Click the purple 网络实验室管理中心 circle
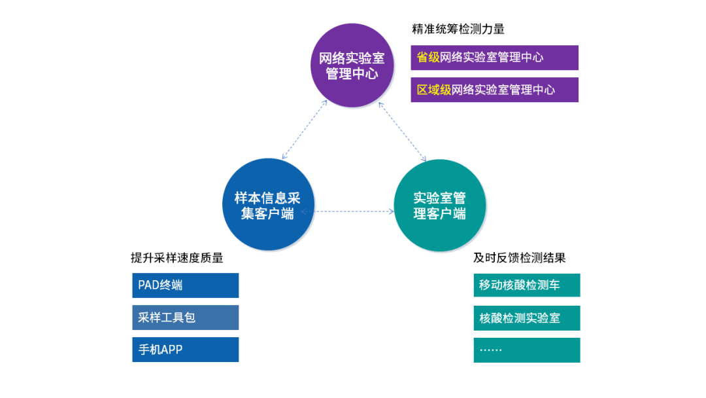click(x=352, y=65)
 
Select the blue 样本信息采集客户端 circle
click(x=268, y=204)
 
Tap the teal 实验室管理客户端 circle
click(x=439, y=205)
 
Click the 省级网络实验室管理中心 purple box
click(x=494, y=58)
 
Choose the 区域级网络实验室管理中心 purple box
click(x=494, y=90)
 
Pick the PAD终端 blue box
click(x=186, y=285)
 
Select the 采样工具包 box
click(x=186, y=317)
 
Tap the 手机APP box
click(x=186, y=350)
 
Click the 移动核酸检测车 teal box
click(x=527, y=285)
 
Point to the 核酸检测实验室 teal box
click(x=527, y=318)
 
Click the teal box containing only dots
click(x=527, y=350)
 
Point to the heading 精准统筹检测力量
click(x=458, y=29)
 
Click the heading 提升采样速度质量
click(x=177, y=258)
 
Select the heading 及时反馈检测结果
click(x=519, y=258)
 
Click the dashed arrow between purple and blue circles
click(x=305, y=130)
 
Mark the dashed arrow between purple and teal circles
click(x=402, y=132)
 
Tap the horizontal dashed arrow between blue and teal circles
click(x=348, y=211)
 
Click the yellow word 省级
click(x=428, y=57)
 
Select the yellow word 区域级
click(x=433, y=90)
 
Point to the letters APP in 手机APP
click(x=171, y=350)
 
